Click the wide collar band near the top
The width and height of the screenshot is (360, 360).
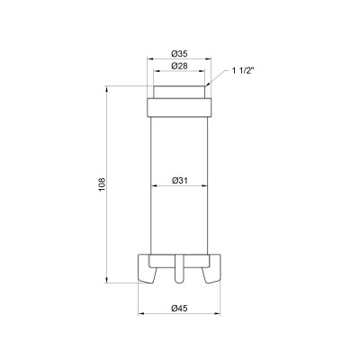180,106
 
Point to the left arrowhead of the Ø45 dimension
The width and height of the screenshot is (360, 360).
141,314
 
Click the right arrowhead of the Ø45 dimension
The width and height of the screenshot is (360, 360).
219,314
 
